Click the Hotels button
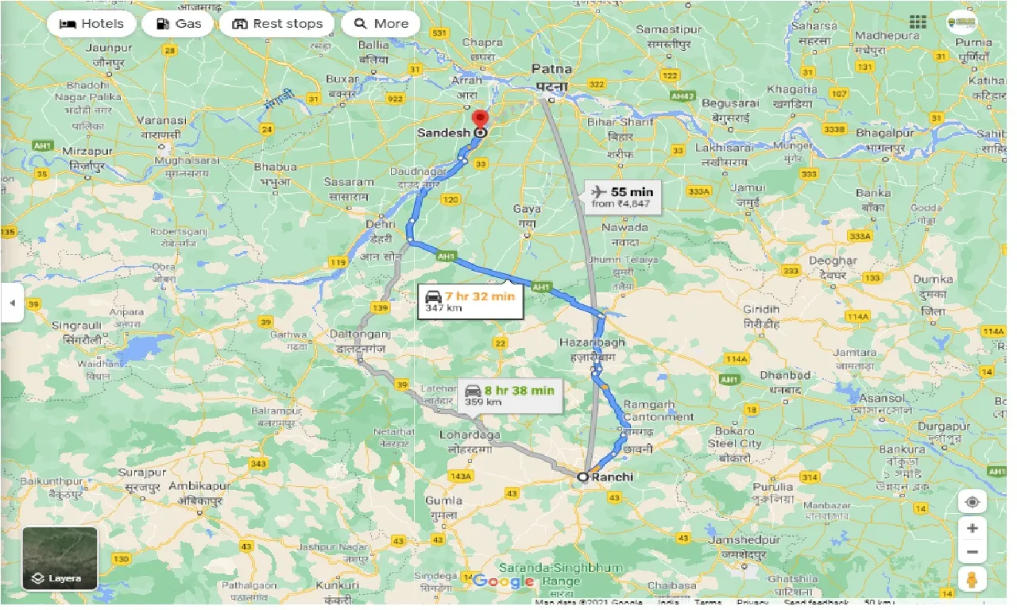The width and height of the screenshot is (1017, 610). point(91,24)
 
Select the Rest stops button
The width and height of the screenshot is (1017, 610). point(276,24)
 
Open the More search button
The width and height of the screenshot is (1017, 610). point(381,24)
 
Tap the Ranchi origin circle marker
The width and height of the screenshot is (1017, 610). point(582,477)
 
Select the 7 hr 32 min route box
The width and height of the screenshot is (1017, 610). point(470,301)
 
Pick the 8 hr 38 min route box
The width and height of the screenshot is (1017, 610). point(509,395)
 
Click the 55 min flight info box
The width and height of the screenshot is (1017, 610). point(622,197)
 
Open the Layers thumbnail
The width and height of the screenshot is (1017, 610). point(60,558)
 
